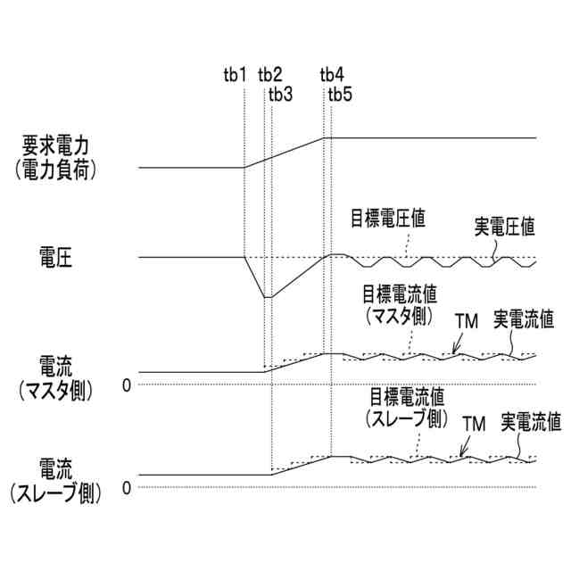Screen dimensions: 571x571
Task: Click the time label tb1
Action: click(235, 74)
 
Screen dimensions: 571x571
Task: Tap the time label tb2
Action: click(269, 74)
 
